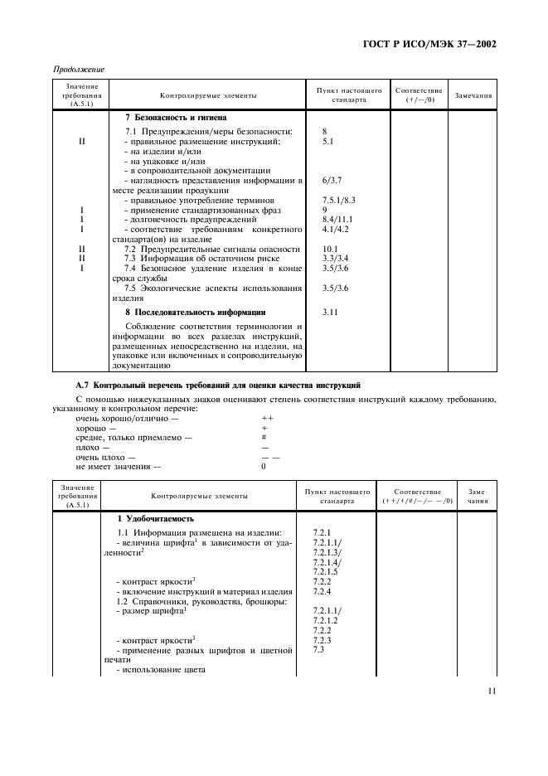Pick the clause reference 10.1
point(330,249)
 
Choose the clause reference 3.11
point(329,312)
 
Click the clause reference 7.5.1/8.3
point(338,201)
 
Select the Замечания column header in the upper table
point(473,95)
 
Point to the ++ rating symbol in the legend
point(267,419)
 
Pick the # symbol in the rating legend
point(264,437)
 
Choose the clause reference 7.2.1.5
point(326,572)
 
